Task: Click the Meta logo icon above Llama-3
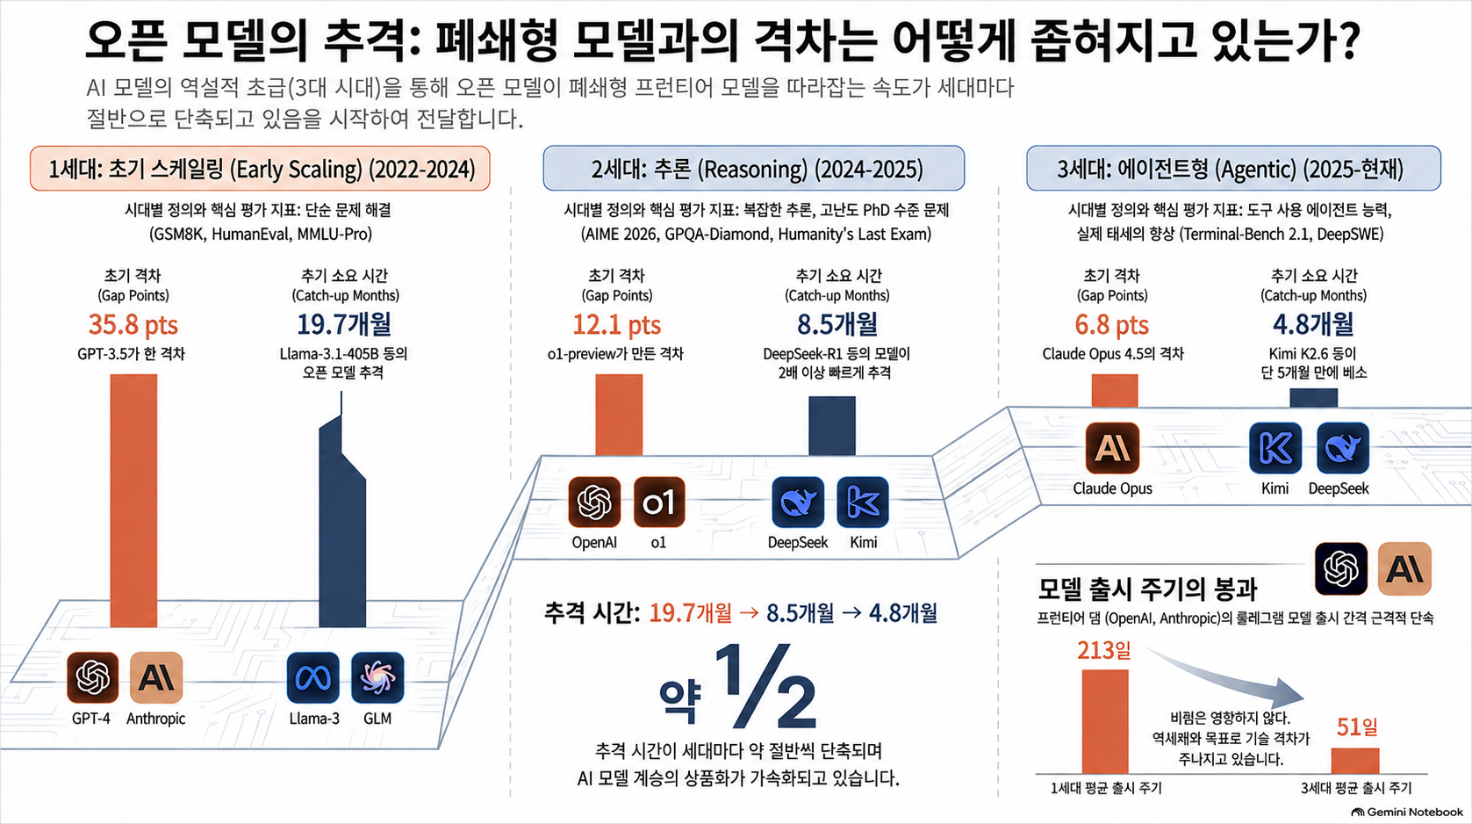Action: (312, 677)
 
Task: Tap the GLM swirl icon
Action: (377, 677)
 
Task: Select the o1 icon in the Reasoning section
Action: (659, 502)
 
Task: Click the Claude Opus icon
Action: (1112, 449)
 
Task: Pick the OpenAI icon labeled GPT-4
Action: (93, 677)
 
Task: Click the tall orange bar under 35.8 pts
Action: (133, 501)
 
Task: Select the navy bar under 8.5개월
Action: (832, 425)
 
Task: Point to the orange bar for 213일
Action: (1105, 721)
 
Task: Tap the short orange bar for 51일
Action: (1355, 761)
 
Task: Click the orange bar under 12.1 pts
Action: (619, 415)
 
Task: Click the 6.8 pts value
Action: (1112, 325)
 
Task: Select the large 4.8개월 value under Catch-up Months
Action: (1313, 324)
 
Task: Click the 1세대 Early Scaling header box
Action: (260, 169)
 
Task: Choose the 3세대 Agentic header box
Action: (1233, 169)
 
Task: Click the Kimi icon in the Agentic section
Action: (1275, 449)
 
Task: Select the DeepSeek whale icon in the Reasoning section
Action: (798, 502)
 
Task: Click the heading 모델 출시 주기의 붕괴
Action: (1147, 589)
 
